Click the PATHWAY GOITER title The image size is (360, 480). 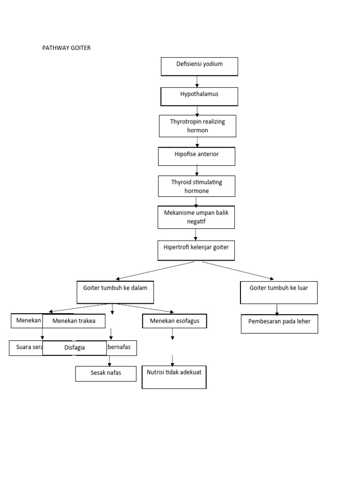pos(66,48)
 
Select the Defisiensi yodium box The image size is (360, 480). pos(199,66)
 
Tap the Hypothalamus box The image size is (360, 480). pos(199,96)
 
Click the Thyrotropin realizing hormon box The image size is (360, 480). pos(197,126)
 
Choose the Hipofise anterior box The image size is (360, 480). pos(196,156)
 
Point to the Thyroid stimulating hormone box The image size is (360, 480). pos(196,186)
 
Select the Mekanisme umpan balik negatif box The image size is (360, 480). pos(196,217)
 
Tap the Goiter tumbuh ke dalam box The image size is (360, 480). pos(115,292)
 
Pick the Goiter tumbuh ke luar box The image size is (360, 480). pos(278,292)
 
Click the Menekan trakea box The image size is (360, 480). pos(74,321)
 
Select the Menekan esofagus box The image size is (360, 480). pos(174,321)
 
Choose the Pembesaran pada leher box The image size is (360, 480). pos(279,323)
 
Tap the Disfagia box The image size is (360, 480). pos(74,348)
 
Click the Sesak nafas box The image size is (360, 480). pos(106,374)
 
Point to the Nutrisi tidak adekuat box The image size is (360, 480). pos(174,376)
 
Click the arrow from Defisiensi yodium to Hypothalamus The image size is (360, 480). pos(197,82)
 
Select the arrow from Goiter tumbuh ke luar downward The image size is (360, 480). pos(277,309)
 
